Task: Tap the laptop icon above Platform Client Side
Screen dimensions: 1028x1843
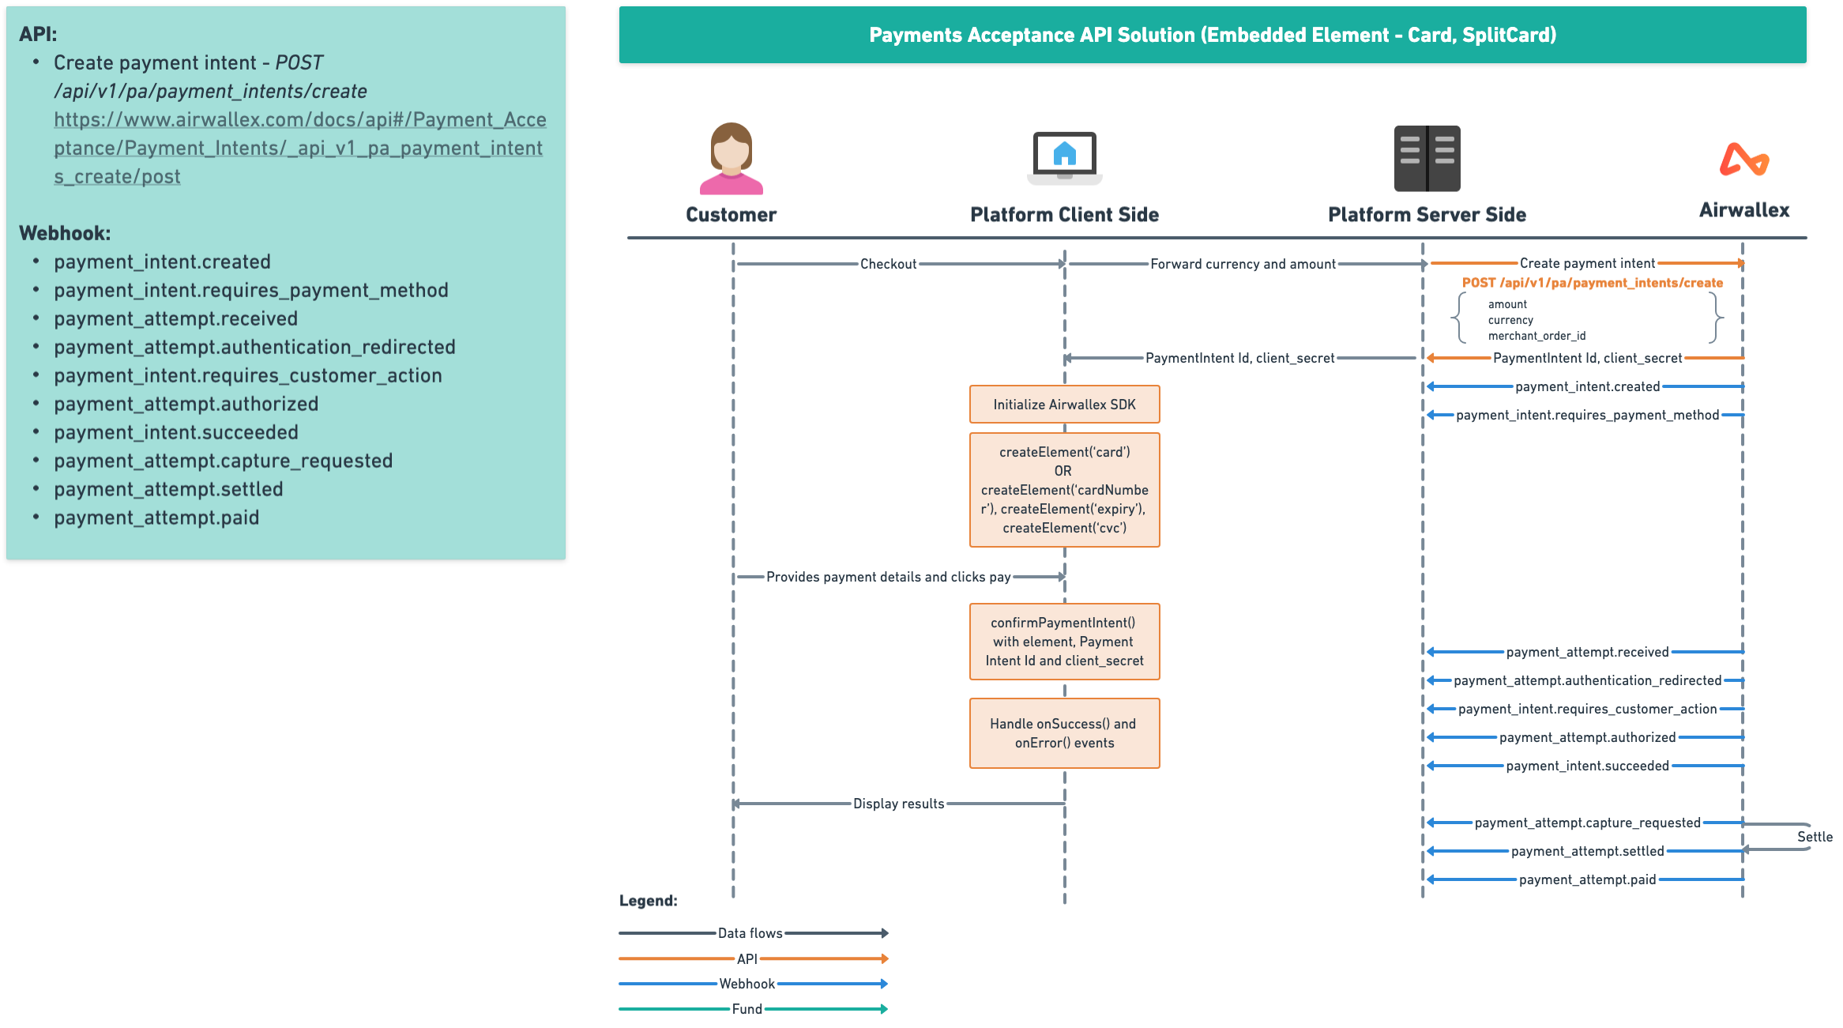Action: (1064, 158)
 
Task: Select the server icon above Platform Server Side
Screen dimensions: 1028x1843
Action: (1427, 158)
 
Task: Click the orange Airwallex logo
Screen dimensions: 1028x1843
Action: (1744, 159)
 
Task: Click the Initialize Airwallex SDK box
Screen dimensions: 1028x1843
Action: (1064, 405)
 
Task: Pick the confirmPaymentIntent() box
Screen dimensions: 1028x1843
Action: (1064, 642)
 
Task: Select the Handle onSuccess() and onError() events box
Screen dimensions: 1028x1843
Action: (1064, 733)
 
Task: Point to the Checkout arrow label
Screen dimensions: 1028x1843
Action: (888, 264)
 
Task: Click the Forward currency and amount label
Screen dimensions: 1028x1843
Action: (1243, 264)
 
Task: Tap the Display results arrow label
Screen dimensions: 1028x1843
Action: (898, 804)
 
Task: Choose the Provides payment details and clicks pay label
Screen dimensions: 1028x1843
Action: (888, 577)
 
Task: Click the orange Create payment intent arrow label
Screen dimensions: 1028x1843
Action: (1587, 263)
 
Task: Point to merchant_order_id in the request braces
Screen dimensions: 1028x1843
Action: (1536, 336)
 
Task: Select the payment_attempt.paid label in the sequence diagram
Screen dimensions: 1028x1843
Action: (1587, 879)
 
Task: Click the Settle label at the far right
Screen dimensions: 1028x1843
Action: (1815, 837)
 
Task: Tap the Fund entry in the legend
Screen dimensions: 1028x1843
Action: (747, 1009)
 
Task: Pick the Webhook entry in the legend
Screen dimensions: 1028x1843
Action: (747, 984)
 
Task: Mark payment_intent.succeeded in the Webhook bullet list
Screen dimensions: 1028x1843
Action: (176, 432)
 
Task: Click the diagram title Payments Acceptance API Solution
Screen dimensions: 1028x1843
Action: (1213, 35)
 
